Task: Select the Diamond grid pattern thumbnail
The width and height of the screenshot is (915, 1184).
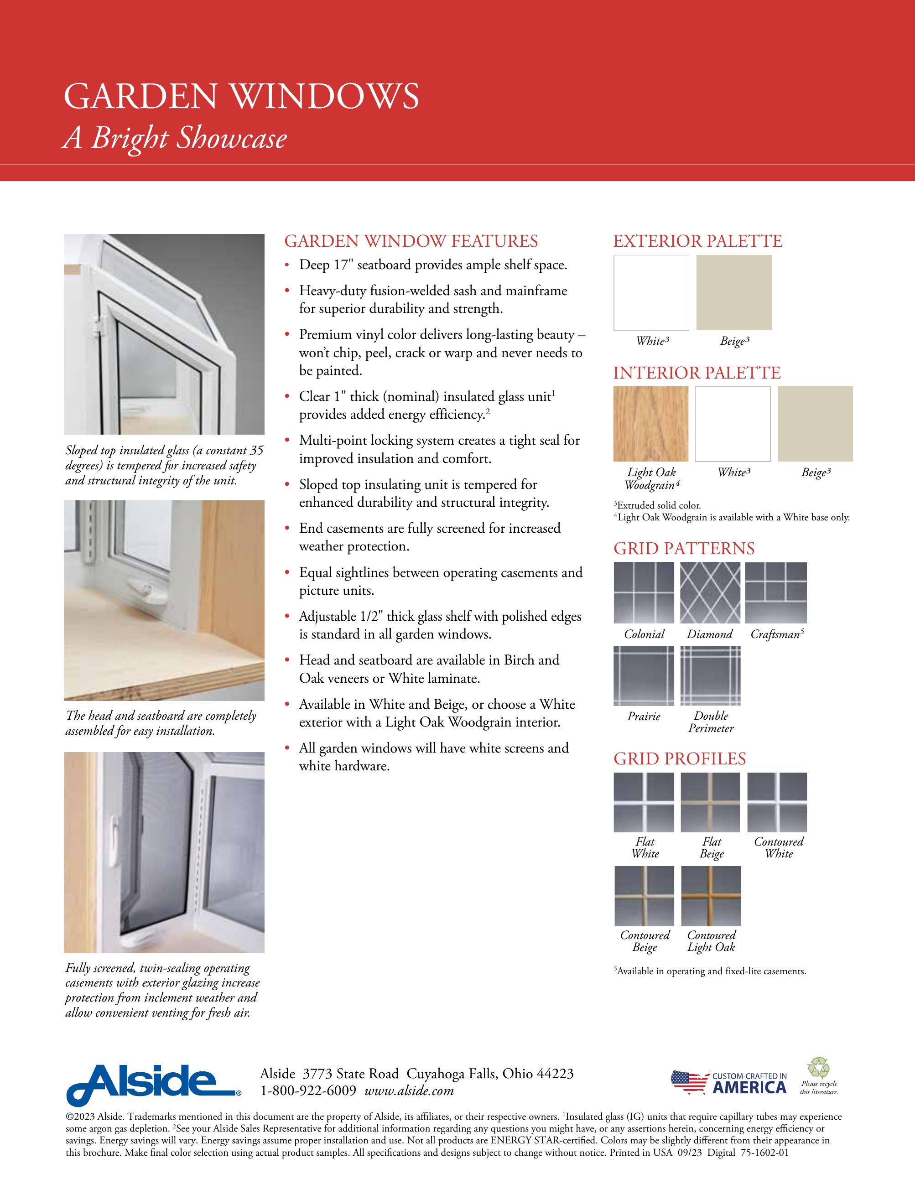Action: click(x=710, y=592)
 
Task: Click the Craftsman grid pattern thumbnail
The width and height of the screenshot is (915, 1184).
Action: click(x=776, y=592)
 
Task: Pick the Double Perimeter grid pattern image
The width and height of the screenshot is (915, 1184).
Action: click(x=710, y=675)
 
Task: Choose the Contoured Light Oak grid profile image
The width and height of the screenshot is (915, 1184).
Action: click(x=711, y=896)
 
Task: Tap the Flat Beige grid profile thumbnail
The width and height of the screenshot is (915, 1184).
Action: click(x=710, y=802)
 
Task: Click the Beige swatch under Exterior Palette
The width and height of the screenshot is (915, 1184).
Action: click(x=733, y=293)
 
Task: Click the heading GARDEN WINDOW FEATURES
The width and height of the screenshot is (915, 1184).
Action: click(x=411, y=241)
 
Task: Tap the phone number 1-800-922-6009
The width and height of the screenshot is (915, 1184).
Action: click(x=308, y=1091)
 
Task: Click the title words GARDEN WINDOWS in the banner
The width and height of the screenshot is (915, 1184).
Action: click(x=241, y=97)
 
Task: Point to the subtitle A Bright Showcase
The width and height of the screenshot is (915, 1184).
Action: click(x=175, y=138)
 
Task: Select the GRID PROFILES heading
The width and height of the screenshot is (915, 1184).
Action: click(x=679, y=758)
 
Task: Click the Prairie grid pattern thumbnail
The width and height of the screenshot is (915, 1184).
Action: click(x=644, y=675)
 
